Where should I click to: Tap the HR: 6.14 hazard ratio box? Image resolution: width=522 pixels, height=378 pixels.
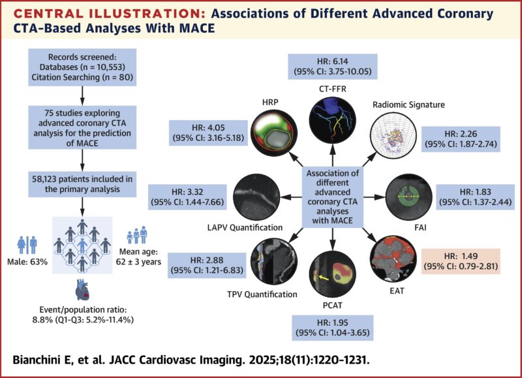332,69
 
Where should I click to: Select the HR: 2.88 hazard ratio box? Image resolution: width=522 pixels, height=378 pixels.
206,264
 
